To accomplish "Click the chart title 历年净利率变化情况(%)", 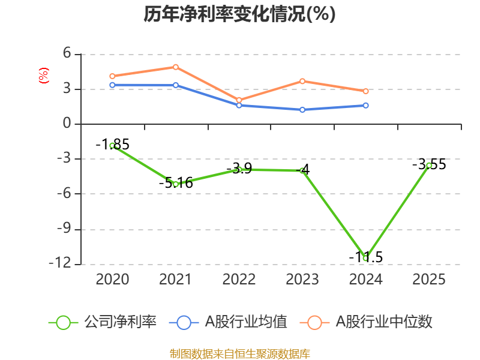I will coord(239,14).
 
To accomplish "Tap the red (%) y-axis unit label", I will coord(43,76).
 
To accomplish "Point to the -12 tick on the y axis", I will coord(62,263).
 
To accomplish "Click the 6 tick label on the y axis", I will coord(67,54).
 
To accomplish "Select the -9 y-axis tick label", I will coord(62,229).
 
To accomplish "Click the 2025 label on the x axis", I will coord(429,280).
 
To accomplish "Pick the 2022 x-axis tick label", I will coord(239,280).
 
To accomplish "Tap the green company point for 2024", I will coord(365,258).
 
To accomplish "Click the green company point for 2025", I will coord(429,165).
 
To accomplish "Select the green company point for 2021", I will coord(176,184).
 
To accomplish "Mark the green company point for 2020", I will coord(112,145).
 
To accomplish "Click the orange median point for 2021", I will coord(176,67).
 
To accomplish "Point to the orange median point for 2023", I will coord(302,81).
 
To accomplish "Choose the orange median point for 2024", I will coord(365,91).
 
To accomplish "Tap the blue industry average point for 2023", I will coord(302,109).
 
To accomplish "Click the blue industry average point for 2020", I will coord(112,85).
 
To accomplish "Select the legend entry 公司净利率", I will coord(103,322).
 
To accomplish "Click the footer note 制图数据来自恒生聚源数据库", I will coord(239,353).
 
